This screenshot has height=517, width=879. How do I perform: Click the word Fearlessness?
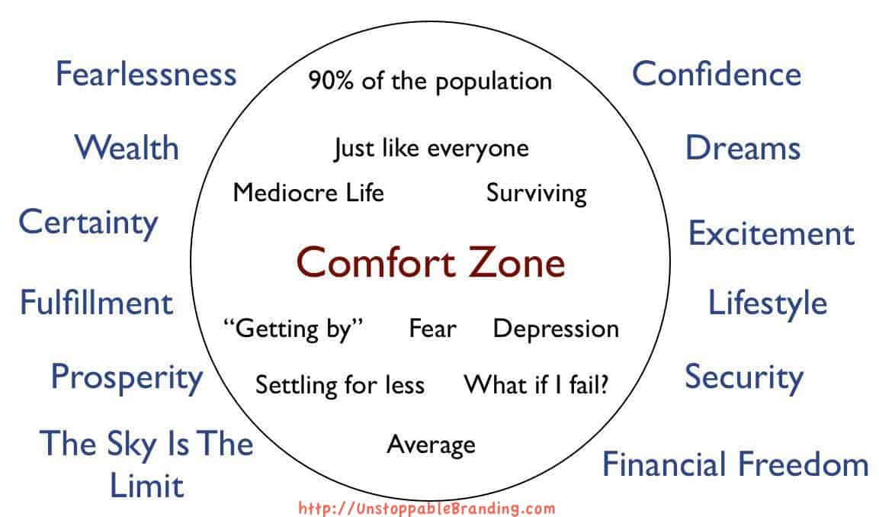(146, 74)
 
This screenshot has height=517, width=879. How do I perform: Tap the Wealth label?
(127, 147)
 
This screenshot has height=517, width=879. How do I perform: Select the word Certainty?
(88, 223)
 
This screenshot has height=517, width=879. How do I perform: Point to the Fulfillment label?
(96, 303)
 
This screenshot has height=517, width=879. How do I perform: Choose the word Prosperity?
(127, 378)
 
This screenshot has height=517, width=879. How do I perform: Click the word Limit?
(147, 486)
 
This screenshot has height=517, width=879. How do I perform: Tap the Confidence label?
(717, 73)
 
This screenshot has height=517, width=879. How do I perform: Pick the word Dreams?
(743, 147)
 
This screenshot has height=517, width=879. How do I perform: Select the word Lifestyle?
(768, 304)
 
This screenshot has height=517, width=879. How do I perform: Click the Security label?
(744, 377)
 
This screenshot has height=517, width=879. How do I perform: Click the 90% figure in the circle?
(331, 81)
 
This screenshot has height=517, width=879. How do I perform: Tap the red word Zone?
(517, 262)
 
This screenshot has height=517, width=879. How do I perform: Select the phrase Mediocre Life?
(308, 193)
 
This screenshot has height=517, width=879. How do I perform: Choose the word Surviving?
(537, 194)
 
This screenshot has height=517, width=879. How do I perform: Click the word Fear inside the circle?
(433, 329)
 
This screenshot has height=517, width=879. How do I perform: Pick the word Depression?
(556, 329)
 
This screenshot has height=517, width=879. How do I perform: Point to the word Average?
(431, 445)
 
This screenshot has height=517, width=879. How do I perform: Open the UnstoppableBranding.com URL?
(427, 509)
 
